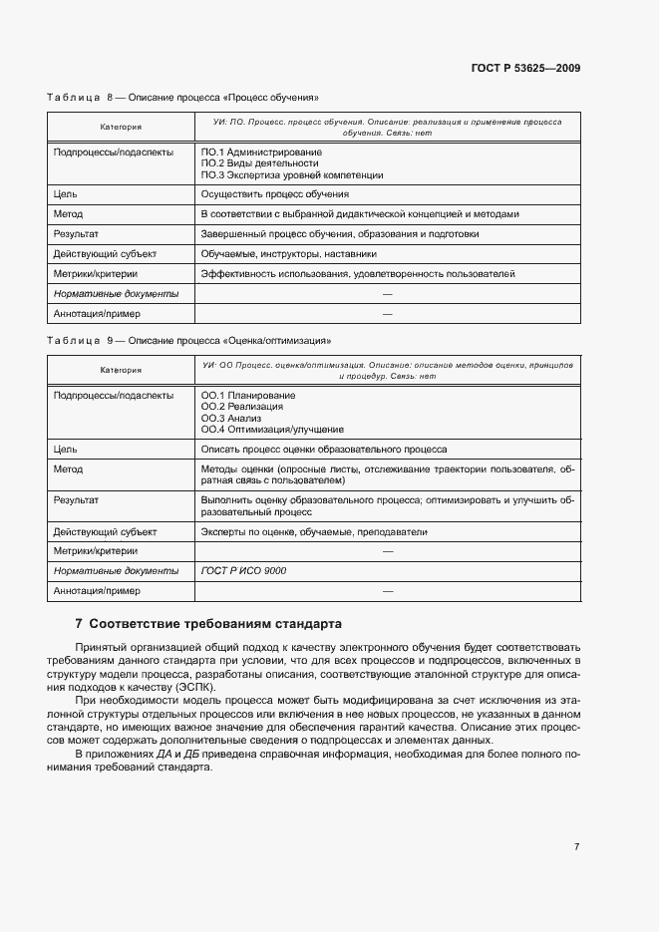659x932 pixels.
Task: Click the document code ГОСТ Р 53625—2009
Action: pos(525,69)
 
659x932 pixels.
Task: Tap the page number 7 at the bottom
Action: pos(577,846)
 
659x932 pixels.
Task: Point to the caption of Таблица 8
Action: pos(182,98)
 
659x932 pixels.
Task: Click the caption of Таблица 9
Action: pos(188,340)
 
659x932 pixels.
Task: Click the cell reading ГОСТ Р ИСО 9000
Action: pos(242,571)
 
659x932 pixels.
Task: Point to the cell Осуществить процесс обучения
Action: pos(274,194)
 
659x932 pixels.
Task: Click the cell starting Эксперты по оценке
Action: pos(313,531)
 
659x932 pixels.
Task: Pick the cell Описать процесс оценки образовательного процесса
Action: pos(324,450)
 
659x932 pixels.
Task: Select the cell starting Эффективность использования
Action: pos(358,274)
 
